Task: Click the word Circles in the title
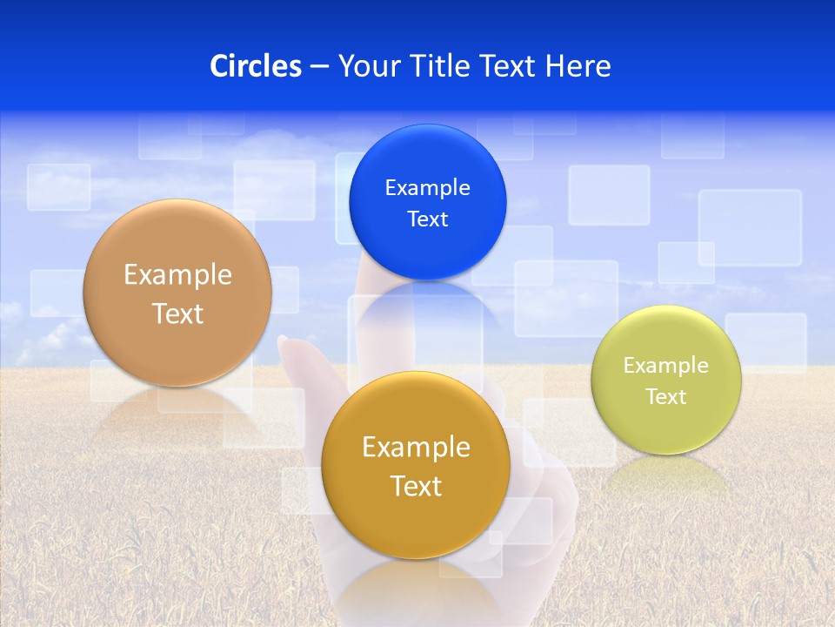click(x=255, y=66)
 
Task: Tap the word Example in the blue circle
click(x=427, y=188)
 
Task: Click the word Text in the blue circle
click(x=427, y=219)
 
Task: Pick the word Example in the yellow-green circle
click(x=666, y=366)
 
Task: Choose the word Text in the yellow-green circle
click(x=666, y=397)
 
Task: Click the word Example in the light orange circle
click(x=177, y=275)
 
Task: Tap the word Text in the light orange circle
click(x=177, y=313)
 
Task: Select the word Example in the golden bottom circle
click(x=416, y=448)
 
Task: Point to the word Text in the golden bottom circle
click(x=416, y=486)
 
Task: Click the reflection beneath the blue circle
click(x=427, y=300)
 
